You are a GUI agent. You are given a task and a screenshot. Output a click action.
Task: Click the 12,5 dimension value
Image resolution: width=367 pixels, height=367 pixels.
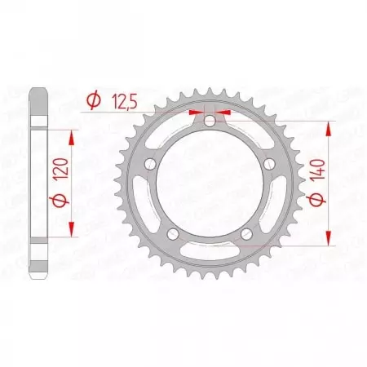pyautogui.click(x=121, y=100)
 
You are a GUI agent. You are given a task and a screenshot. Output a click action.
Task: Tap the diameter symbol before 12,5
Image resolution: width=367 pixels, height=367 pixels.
pyautogui.click(x=92, y=100)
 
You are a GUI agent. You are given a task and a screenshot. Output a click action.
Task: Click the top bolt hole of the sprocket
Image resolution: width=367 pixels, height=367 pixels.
pyautogui.click(x=210, y=122)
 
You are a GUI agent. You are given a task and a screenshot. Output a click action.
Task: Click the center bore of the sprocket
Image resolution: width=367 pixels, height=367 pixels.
pyautogui.click(x=210, y=184)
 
